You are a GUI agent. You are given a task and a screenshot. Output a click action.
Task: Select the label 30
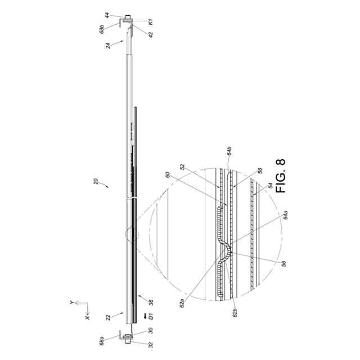tap(151, 331)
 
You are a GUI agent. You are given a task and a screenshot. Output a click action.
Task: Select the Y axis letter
tap(71, 302)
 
